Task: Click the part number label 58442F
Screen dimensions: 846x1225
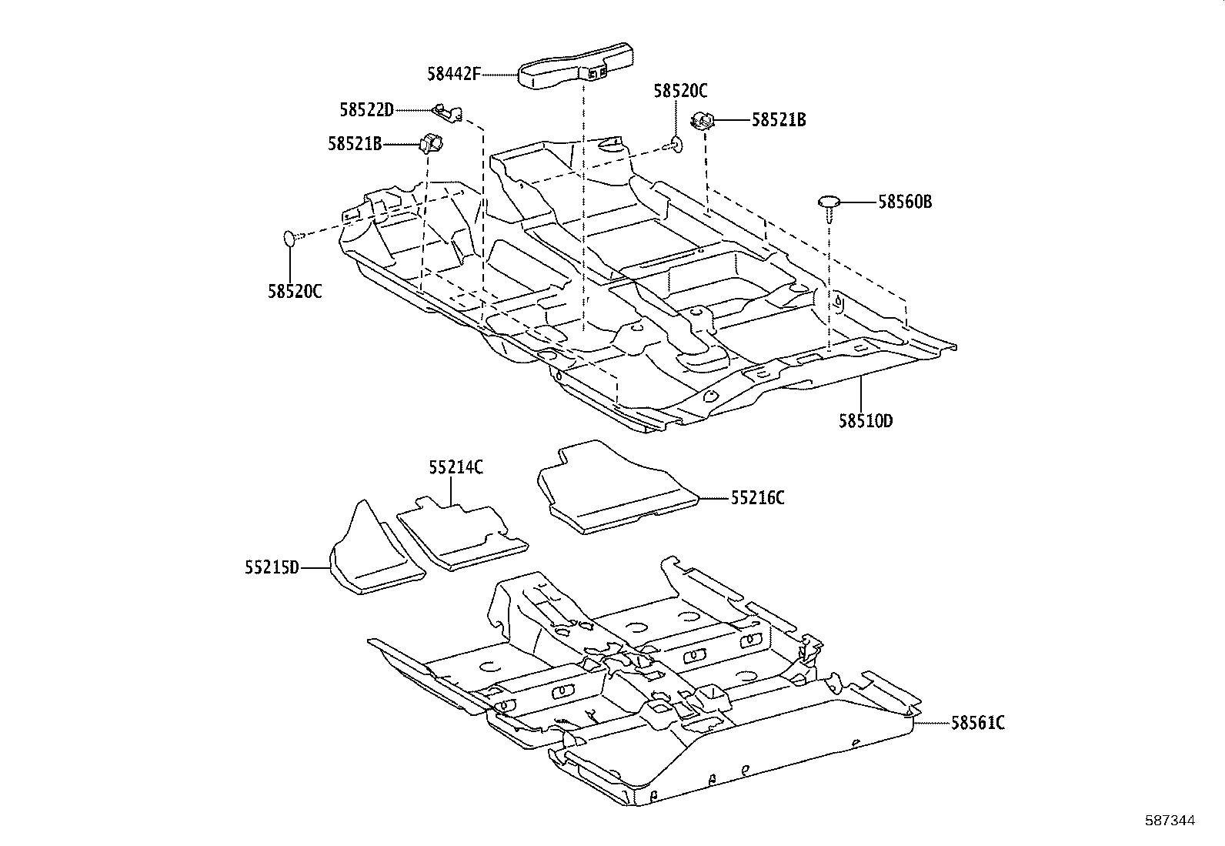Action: click(x=453, y=74)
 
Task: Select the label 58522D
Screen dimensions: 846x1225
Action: click(x=366, y=110)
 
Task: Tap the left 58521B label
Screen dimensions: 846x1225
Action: click(x=354, y=143)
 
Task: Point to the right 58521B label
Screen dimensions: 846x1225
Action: click(x=779, y=120)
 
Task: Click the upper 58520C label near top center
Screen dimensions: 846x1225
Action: click(x=680, y=91)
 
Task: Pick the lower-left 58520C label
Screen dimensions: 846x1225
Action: click(x=295, y=292)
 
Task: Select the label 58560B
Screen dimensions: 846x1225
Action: click(x=905, y=202)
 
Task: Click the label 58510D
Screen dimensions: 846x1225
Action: click(x=866, y=421)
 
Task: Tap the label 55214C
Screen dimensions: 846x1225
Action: click(x=456, y=466)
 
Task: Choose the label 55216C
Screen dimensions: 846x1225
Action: click(x=757, y=498)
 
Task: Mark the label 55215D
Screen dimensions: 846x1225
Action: click(x=272, y=568)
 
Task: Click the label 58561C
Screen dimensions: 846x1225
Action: click(x=977, y=723)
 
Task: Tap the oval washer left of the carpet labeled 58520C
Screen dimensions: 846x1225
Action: click(x=289, y=239)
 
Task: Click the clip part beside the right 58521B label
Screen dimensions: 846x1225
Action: click(x=703, y=120)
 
